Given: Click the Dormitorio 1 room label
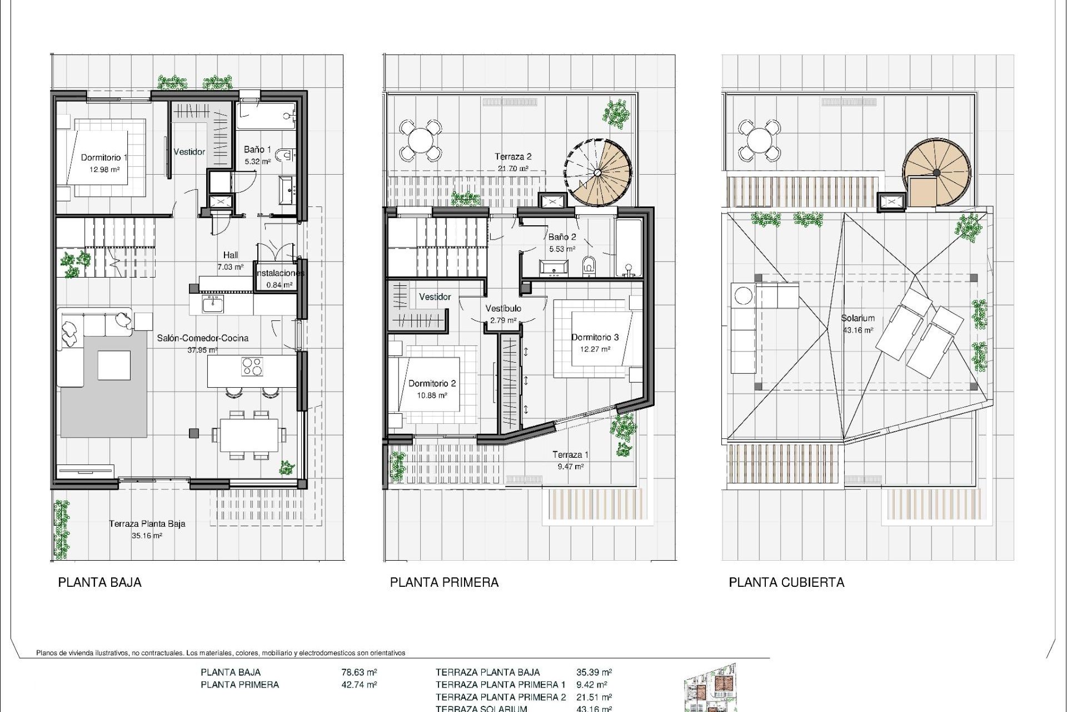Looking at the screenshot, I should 104,157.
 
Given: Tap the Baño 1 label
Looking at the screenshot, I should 257,150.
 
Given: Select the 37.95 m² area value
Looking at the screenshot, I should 202,350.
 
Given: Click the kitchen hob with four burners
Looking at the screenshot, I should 252,366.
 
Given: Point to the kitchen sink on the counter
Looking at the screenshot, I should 213,304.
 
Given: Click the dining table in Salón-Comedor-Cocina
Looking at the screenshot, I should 249,435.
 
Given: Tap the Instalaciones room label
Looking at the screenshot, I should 280,273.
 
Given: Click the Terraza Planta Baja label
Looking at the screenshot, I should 147,523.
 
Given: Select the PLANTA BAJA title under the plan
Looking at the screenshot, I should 99,582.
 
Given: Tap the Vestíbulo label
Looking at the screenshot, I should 503,308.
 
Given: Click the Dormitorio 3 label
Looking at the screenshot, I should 595,337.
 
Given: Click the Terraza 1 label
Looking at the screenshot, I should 570,454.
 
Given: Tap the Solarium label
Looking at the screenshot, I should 857,318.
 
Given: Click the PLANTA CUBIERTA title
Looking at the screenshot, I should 786,582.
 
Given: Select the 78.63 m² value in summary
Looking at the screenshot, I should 359,672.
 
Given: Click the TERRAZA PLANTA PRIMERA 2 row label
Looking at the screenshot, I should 500,697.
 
